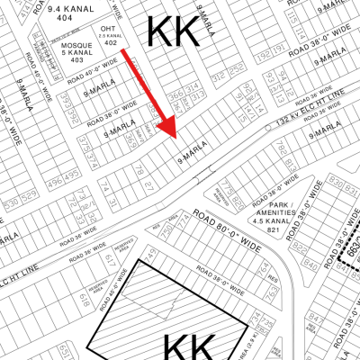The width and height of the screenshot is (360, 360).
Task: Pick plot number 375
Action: tap(82, 142)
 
